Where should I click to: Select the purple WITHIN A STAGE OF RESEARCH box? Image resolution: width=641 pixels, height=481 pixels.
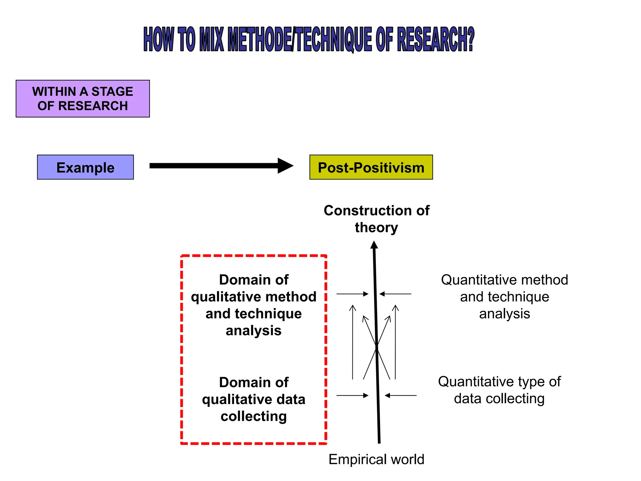[83, 99]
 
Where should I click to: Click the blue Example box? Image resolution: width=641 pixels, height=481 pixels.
[85, 167]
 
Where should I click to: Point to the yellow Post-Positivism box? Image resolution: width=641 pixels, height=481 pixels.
[371, 167]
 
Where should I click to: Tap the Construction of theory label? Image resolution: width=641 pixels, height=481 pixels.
[376, 219]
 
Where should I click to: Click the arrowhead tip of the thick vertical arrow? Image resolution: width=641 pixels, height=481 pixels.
[374, 242]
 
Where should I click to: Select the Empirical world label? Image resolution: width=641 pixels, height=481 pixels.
[376, 459]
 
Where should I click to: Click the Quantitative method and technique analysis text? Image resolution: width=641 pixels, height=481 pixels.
[504, 297]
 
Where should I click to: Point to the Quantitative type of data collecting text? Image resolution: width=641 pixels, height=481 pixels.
[499, 390]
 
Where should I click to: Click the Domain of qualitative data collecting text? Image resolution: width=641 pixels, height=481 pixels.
[254, 399]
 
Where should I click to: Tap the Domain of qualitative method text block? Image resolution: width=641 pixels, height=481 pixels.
[254, 305]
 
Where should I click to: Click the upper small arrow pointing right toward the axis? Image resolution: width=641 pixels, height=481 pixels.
[352, 294]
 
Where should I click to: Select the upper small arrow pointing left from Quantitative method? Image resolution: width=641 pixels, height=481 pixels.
[395, 294]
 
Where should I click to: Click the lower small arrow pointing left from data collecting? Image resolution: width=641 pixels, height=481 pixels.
[401, 396]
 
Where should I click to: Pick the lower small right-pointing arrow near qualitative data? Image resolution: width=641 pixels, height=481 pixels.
[352, 396]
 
